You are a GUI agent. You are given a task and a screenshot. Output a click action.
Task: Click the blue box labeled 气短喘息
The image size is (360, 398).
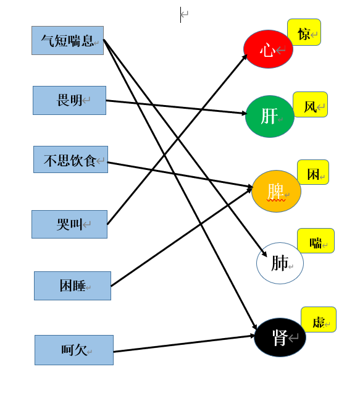click(x=67, y=40)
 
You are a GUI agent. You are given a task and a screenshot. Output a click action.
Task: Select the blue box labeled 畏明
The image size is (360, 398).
click(x=70, y=100)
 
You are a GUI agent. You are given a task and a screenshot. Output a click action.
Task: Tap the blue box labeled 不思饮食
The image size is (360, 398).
click(x=71, y=159)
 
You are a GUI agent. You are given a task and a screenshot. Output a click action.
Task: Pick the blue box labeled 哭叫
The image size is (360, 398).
click(x=70, y=224)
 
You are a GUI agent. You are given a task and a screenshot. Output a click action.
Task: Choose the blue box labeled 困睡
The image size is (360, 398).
click(x=73, y=286)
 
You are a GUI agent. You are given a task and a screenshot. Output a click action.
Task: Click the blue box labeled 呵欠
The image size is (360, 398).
click(x=74, y=350)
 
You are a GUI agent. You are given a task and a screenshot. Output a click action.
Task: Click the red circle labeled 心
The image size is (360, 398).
click(x=268, y=49)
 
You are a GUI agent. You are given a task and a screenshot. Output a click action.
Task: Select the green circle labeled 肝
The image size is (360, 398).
click(x=270, y=117)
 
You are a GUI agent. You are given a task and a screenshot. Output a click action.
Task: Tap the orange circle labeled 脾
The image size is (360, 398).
click(x=276, y=191)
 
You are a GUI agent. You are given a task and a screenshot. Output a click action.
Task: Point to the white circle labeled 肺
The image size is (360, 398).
click(x=280, y=263)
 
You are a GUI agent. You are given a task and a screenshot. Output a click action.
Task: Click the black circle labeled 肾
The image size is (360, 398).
click(x=280, y=337)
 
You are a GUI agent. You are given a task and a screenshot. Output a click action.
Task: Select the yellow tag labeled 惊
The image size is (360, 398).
click(x=304, y=32)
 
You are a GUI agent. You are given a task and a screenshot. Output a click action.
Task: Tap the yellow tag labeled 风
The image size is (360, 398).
click(x=310, y=104)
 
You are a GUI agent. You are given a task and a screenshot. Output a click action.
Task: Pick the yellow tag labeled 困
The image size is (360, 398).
click(x=313, y=172)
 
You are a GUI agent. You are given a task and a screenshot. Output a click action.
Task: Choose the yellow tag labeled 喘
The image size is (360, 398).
click(x=316, y=240)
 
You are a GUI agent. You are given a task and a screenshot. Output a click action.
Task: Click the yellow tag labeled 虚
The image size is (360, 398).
click(x=319, y=320)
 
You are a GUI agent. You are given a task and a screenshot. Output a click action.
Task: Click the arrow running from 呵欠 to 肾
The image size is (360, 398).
click(x=184, y=344)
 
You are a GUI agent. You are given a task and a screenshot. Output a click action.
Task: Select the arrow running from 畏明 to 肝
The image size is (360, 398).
click(x=177, y=107)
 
